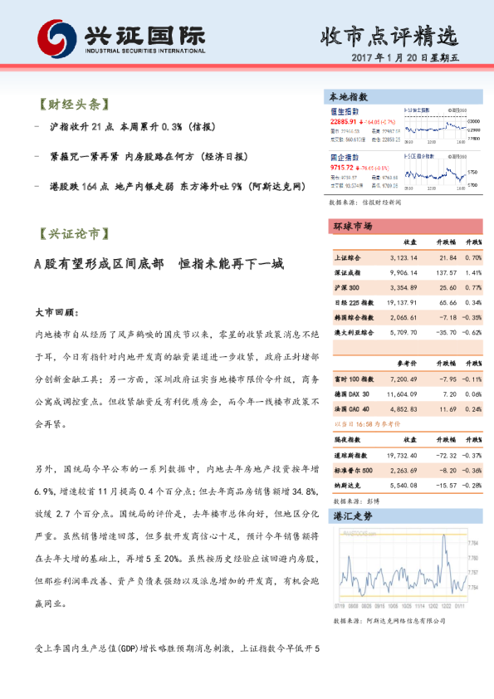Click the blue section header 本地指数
point(349,97)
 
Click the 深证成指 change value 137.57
point(447,271)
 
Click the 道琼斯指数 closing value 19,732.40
point(402,455)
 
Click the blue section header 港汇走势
point(349,516)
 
